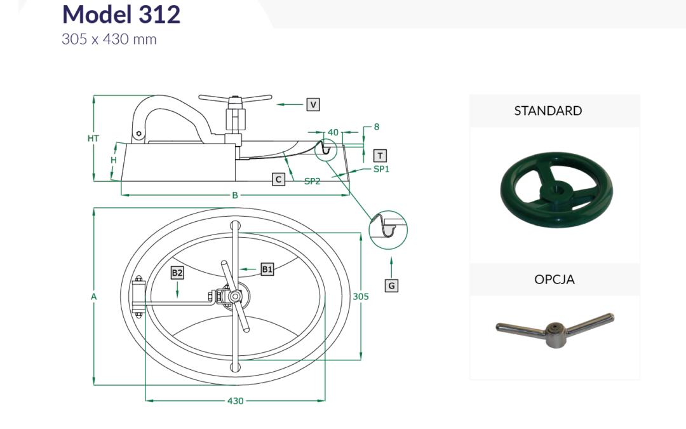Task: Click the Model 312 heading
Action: coord(121,14)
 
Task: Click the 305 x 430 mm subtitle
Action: coord(109,39)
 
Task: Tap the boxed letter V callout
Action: coord(313,105)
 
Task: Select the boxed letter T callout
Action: coord(380,156)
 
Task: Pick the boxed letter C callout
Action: coord(278,179)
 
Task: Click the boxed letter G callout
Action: coord(391,286)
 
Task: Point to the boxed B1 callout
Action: coord(267,269)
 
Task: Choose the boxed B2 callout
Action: coord(177,273)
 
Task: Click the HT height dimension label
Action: coord(93,139)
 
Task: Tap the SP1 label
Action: coord(381,169)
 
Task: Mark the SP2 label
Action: coord(313,181)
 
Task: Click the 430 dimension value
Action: coord(236,401)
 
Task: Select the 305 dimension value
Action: coord(361,296)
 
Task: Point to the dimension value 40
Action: coord(333,132)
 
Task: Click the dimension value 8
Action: coord(376,127)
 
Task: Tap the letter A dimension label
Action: coord(93,297)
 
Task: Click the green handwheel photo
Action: coord(556,190)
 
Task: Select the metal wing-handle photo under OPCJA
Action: coord(555,330)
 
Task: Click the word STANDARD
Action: coord(548,111)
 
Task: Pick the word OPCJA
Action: coord(555,279)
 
